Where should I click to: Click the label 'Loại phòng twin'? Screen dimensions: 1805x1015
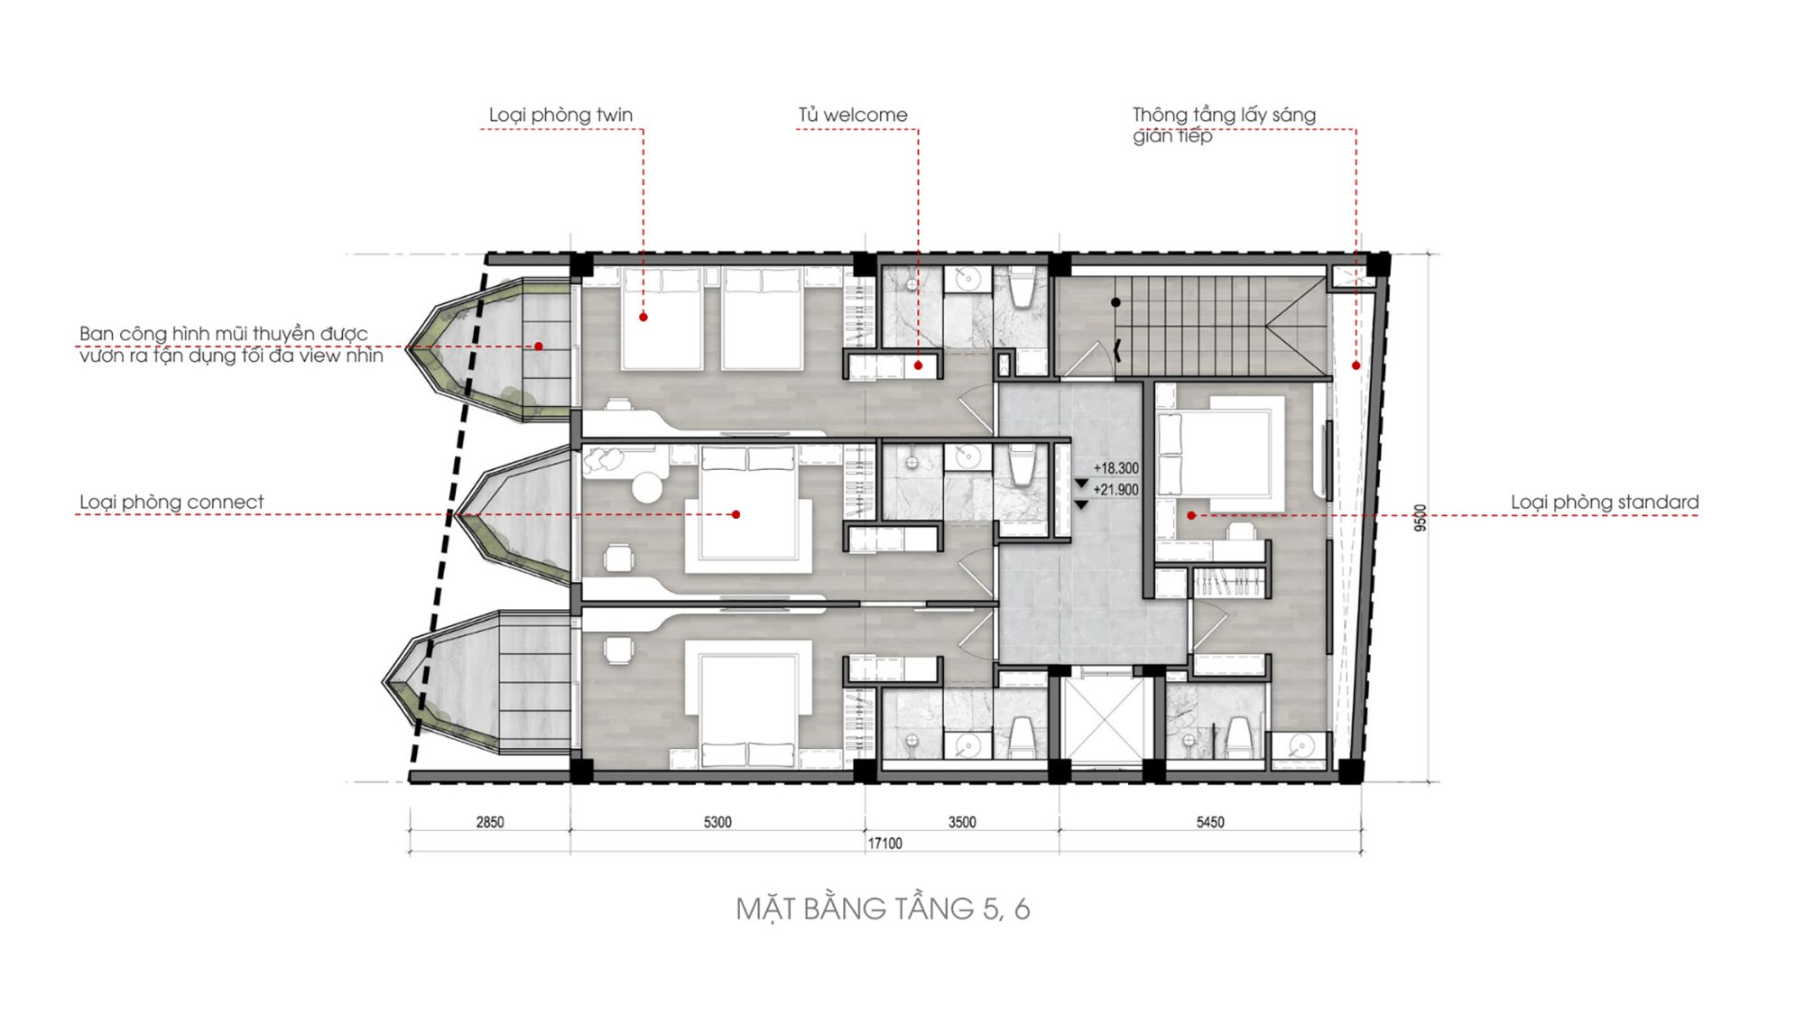click(560, 115)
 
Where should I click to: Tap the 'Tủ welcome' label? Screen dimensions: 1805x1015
click(853, 115)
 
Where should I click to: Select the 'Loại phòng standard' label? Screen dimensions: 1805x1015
click(1605, 503)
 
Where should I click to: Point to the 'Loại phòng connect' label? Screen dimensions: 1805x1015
click(171, 503)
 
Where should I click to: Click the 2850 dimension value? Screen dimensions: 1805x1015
click(490, 822)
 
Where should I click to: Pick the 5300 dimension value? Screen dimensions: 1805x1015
click(717, 822)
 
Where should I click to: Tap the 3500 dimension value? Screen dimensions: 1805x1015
click(962, 822)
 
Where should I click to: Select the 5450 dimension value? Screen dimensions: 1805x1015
click(1210, 822)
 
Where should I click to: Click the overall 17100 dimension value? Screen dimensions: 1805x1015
click(884, 844)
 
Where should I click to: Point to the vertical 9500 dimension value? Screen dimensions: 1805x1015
click(1421, 517)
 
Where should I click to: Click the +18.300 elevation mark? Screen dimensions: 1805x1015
click(1116, 468)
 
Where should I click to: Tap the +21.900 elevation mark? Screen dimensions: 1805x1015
click(1116, 490)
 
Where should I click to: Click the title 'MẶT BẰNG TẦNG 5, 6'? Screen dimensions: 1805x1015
click(883, 909)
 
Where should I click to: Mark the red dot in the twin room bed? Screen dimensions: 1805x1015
click(643, 318)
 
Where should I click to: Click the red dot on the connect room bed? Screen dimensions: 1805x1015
click(736, 514)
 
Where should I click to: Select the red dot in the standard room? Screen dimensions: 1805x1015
click(1191, 515)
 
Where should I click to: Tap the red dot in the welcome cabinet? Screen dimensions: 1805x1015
click(918, 365)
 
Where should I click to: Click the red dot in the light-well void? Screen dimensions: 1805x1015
click(1356, 365)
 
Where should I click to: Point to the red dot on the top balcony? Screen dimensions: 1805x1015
click(539, 346)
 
